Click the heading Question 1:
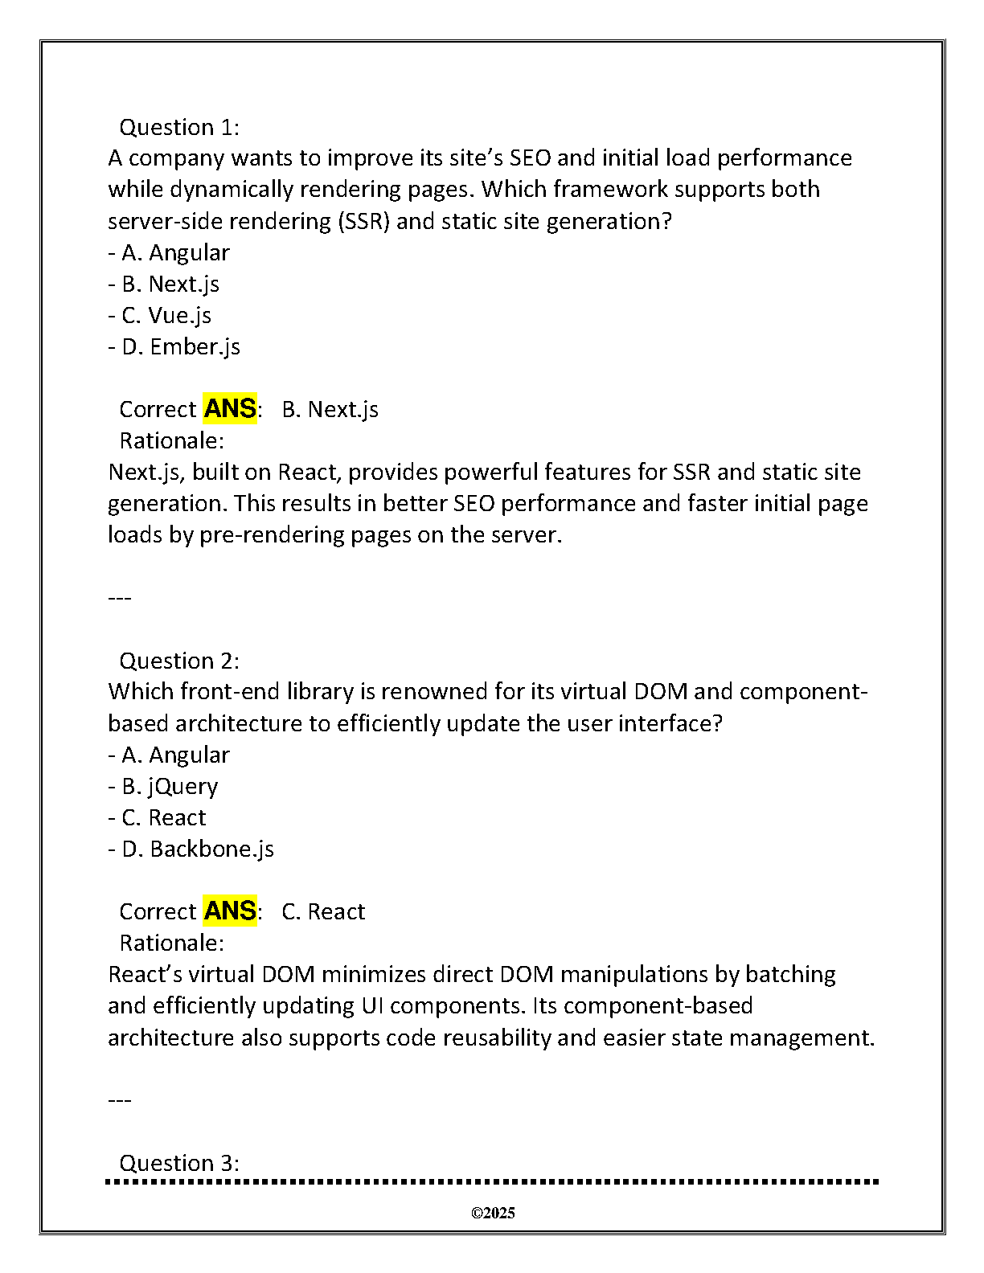(x=178, y=127)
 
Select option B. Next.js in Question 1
(x=170, y=284)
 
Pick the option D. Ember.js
(x=180, y=346)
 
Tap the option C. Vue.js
(x=166, y=315)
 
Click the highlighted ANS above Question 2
(x=230, y=409)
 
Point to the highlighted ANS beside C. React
(x=230, y=911)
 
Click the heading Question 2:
(x=178, y=661)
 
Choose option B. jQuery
(x=169, y=786)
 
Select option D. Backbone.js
(x=197, y=849)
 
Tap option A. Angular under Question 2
(x=174, y=755)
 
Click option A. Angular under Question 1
(x=174, y=252)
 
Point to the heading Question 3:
(x=178, y=1163)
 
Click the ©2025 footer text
(x=493, y=1214)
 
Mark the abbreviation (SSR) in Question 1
(x=363, y=221)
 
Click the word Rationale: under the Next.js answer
(x=171, y=440)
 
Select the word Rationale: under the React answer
(x=171, y=943)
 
